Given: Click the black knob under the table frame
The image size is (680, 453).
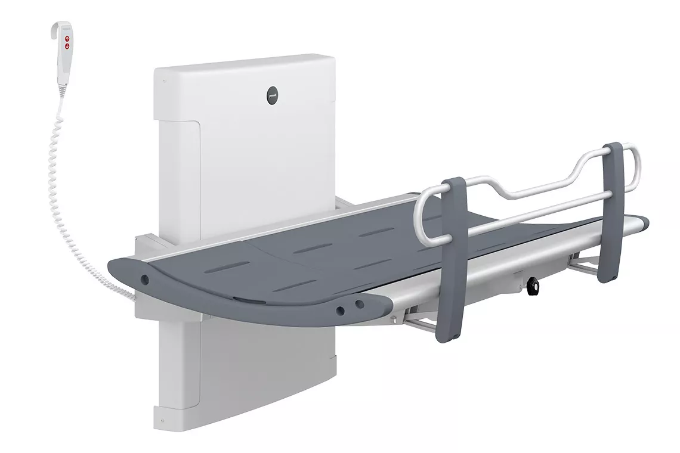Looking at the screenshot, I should (533, 287).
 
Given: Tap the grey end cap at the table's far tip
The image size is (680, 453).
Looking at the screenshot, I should (643, 224).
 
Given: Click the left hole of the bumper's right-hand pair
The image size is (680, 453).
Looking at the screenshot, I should (341, 309).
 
